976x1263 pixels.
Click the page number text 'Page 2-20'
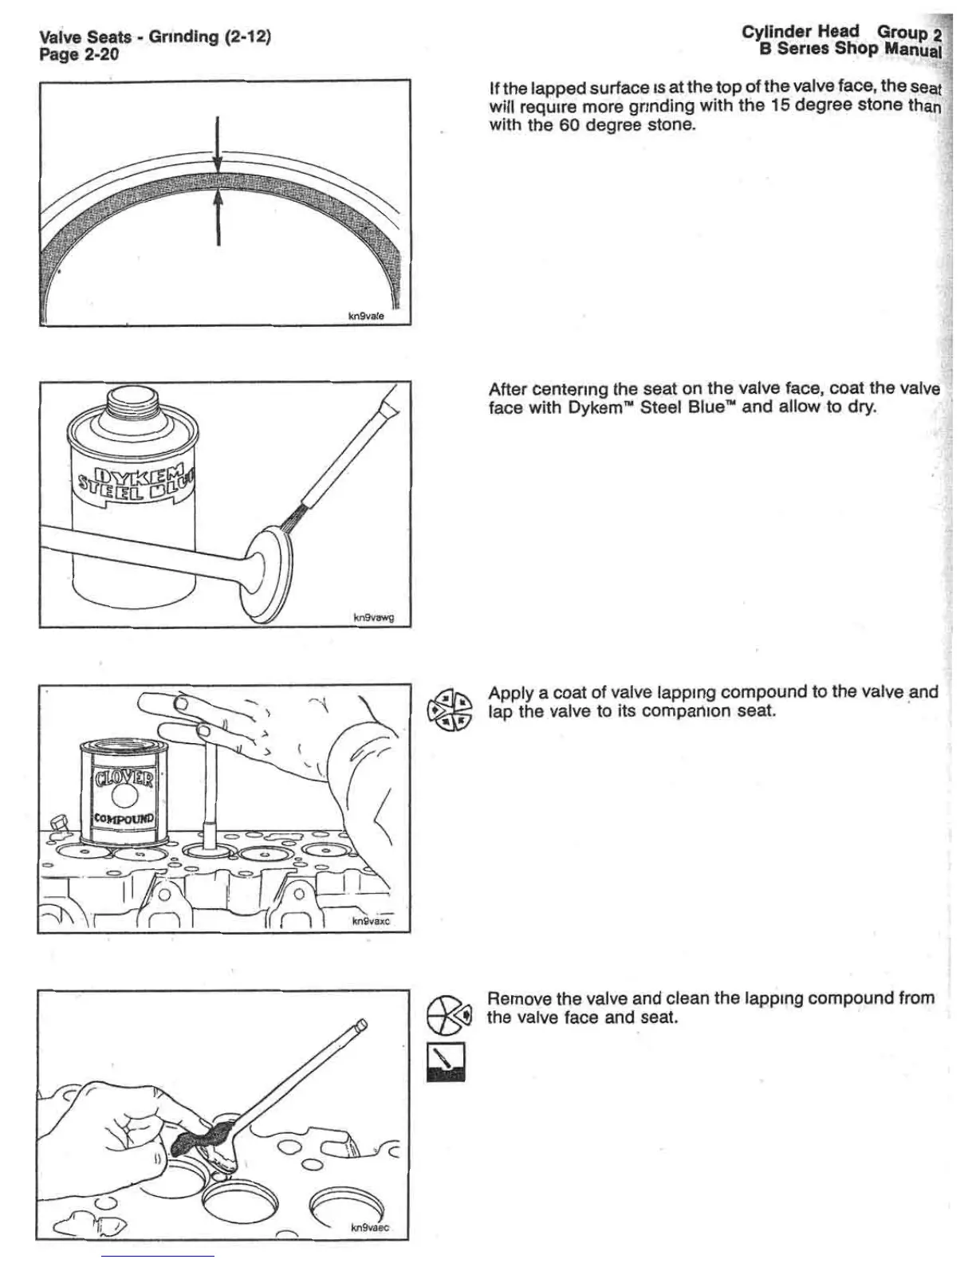coord(79,54)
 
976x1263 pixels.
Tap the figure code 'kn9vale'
coord(367,316)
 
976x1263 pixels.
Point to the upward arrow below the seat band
coord(218,219)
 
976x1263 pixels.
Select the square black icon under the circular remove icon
coord(447,1063)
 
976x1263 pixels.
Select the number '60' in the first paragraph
coord(567,125)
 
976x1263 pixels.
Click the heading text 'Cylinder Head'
coord(800,32)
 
